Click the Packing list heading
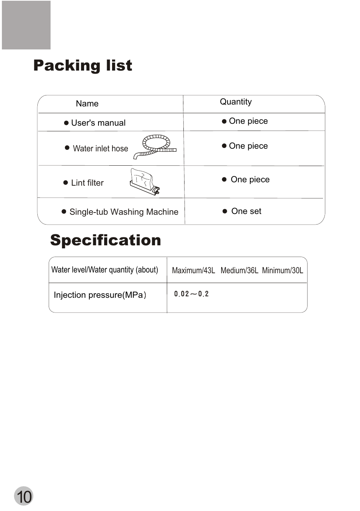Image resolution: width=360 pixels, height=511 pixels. [83, 65]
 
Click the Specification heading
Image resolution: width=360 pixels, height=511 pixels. [106, 240]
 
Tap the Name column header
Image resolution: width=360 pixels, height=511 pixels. [87, 104]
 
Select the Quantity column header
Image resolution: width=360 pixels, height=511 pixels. [236, 102]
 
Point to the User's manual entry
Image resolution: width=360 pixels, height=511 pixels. [98, 123]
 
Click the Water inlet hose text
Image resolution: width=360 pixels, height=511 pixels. [100, 149]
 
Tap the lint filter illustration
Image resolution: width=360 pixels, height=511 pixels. [145, 182]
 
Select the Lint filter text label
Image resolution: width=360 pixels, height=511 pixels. [87, 183]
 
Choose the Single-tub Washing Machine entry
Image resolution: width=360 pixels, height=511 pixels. [124, 212]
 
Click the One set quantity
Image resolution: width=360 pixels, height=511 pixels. [246, 211]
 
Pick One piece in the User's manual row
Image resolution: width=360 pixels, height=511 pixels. [248, 121]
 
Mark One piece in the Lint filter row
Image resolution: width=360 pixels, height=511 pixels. [250, 180]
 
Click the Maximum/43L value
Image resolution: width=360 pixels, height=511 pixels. [194, 271]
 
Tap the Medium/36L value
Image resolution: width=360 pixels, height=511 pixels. [239, 271]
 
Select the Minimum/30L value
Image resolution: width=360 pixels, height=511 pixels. [283, 271]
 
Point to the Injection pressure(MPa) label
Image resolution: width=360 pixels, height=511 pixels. [100, 295]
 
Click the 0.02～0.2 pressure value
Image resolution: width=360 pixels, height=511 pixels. [191, 294]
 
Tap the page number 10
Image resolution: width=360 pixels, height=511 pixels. [24, 496]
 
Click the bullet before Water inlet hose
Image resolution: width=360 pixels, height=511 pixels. [67, 148]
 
